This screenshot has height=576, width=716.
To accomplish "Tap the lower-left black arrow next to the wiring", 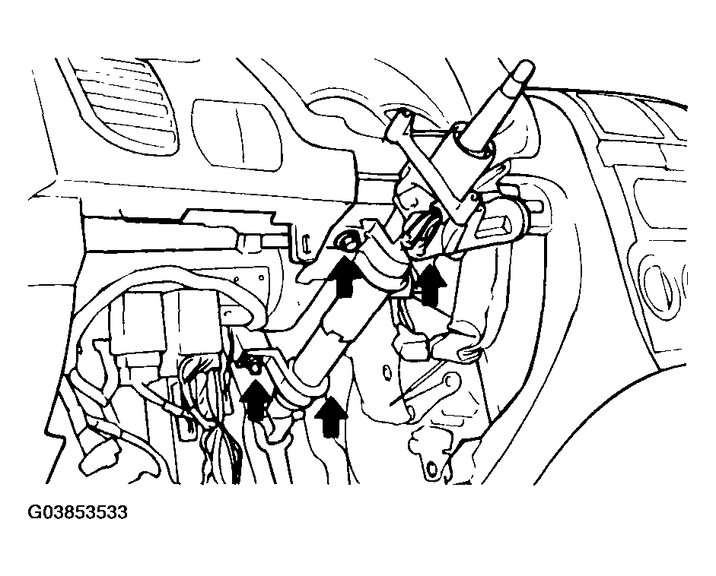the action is tap(256, 397).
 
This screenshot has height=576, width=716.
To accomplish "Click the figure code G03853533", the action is tap(78, 511).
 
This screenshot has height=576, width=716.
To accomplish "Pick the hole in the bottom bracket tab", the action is tap(431, 468).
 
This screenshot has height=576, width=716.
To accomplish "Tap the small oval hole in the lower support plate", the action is tap(387, 372).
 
